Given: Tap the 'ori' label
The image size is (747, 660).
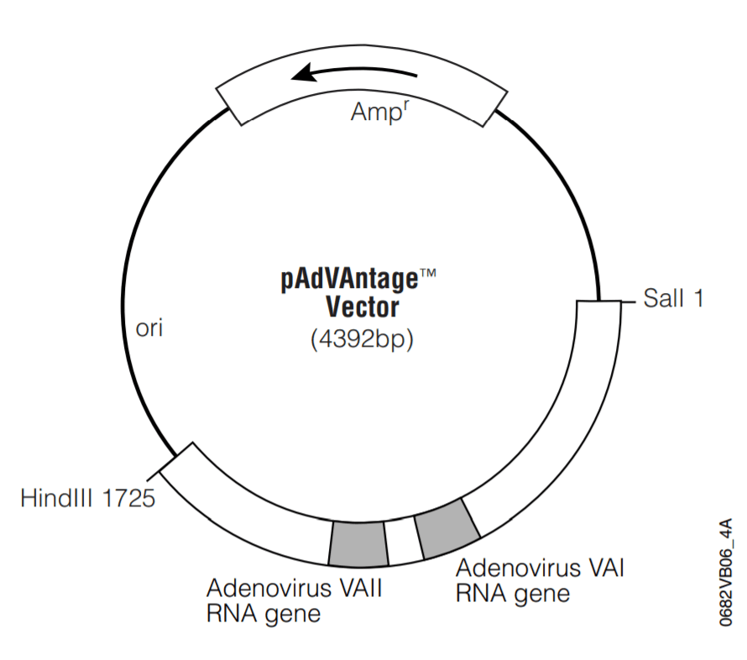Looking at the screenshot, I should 149,327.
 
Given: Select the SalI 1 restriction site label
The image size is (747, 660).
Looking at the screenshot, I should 672,298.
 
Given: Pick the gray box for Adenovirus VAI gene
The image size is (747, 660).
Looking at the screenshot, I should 447,528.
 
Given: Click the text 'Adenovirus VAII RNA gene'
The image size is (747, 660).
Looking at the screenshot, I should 294,600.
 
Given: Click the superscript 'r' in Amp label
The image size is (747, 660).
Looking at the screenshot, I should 407,106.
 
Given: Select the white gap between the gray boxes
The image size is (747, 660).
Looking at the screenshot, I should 402,541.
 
